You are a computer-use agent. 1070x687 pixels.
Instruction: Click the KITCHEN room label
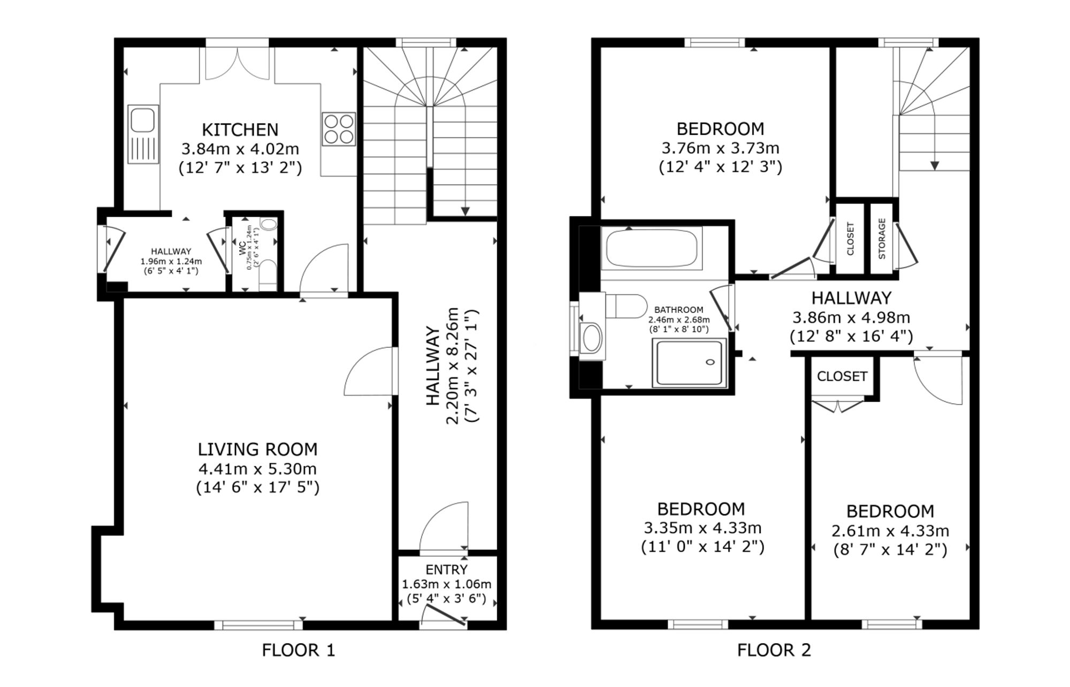pyautogui.click(x=240, y=129)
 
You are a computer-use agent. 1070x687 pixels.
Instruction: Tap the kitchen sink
pyautogui.click(x=143, y=134)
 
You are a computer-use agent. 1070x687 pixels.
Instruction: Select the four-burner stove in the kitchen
pyautogui.click(x=339, y=129)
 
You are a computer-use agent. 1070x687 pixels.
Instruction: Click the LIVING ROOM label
pyautogui.click(x=258, y=449)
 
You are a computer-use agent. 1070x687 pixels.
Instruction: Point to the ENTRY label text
pyautogui.click(x=447, y=570)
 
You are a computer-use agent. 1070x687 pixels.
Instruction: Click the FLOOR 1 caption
pyautogui.click(x=299, y=650)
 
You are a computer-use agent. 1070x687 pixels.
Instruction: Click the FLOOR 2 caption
pyautogui.click(x=774, y=650)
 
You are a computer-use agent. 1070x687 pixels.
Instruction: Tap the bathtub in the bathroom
pyautogui.click(x=652, y=248)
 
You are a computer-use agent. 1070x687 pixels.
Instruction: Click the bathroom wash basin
pyautogui.click(x=591, y=338)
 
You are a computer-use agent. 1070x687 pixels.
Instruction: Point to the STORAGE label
pyautogui.click(x=882, y=239)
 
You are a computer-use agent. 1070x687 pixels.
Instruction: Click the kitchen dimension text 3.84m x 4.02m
pyautogui.click(x=240, y=149)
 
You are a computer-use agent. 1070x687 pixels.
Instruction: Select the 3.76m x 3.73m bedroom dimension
pyautogui.click(x=721, y=148)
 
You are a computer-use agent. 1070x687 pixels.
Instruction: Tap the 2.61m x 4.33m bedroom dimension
pyautogui.click(x=890, y=531)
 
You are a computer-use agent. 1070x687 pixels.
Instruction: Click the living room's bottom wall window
pyautogui.click(x=258, y=625)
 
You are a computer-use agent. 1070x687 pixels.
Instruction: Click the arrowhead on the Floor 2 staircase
pyautogui.click(x=935, y=166)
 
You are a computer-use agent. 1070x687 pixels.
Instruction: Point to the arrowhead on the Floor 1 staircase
pyautogui.click(x=465, y=211)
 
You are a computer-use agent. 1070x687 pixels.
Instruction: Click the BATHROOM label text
pyautogui.click(x=679, y=310)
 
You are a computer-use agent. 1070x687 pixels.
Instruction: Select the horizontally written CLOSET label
pyautogui.click(x=842, y=376)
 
